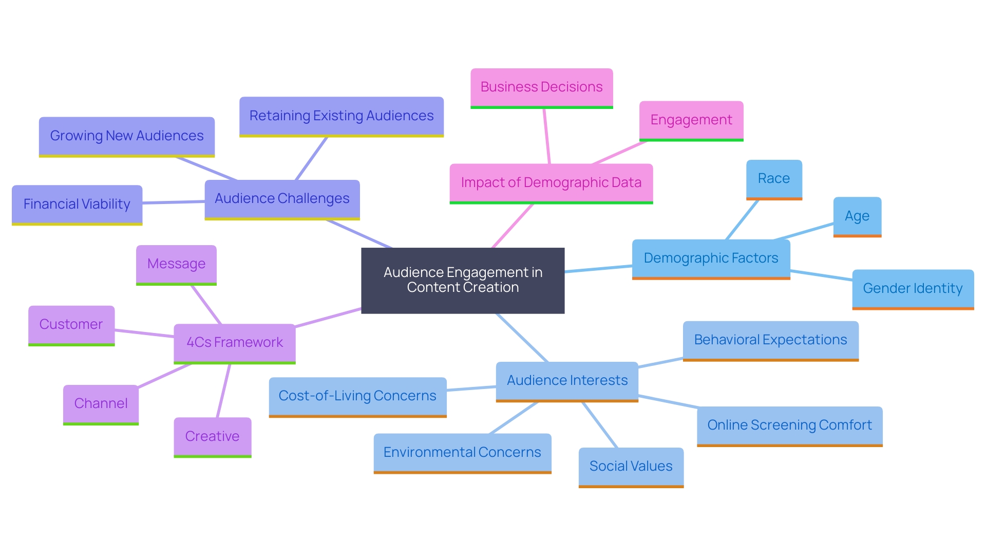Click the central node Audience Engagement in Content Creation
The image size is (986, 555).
click(463, 280)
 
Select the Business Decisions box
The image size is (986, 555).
click(541, 87)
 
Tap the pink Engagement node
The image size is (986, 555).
click(691, 120)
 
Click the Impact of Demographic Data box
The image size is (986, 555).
click(551, 183)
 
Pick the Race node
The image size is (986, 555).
click(773, 179)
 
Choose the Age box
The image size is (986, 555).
click(857, 216)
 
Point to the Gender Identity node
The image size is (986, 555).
click(913, 289)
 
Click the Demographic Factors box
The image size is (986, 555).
click(711, 258)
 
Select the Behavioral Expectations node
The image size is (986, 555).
click(770, 340)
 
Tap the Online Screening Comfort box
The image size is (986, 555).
click(789, 425)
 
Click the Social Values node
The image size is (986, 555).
click(631, 467)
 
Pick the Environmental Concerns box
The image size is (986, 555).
click(462, 453)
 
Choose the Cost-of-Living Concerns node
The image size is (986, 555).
click(357, 396)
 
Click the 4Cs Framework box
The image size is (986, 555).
click(235, 343)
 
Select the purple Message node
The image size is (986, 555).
click(176, 264)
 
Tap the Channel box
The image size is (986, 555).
click(101, 404)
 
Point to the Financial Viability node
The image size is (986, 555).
click(77, 205)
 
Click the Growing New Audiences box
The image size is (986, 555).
click(127, 136)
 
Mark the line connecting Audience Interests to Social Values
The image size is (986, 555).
click(600, 425)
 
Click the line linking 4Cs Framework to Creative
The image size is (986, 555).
click(223, 391)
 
